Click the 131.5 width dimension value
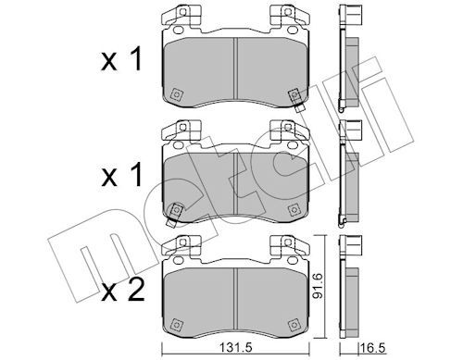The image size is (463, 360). [x=235, y=348]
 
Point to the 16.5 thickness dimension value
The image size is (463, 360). [x=373, y=348]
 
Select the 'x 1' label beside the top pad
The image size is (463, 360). [x=121, y=59]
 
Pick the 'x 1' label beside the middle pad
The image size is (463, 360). [x=121, y=175]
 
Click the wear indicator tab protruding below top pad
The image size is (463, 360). [x=298, y=108]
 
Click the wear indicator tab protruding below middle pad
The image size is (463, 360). [x=170, y=222]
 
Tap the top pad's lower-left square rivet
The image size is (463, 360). [x=176, y=94]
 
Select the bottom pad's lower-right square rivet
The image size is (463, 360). [x=294, y=325]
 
